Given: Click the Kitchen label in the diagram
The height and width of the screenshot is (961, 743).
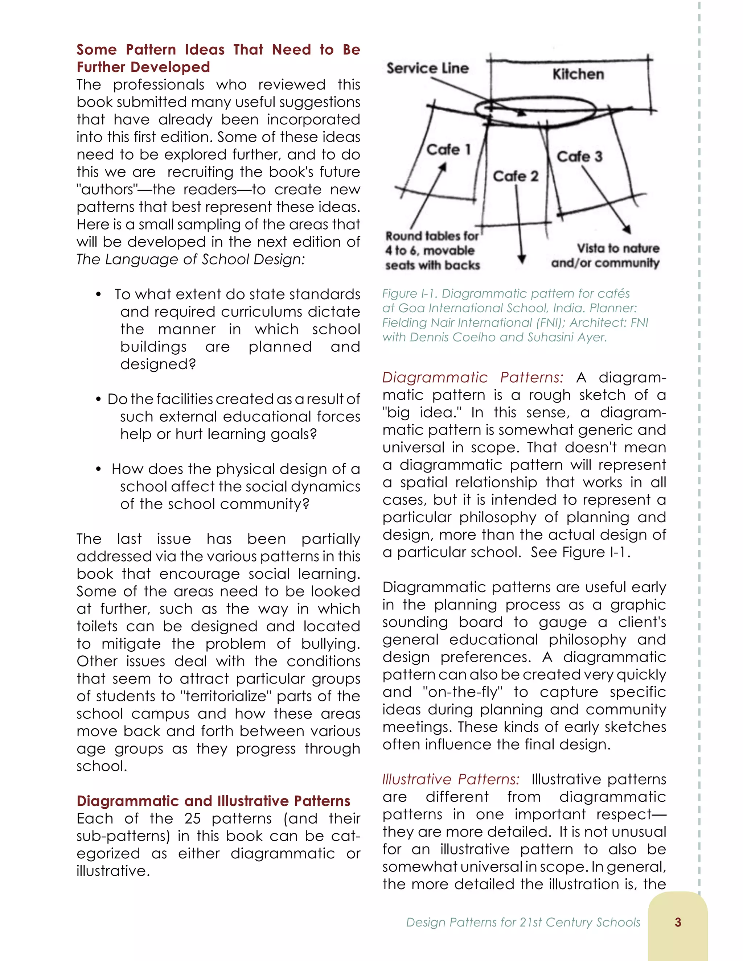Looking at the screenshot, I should point(578,74).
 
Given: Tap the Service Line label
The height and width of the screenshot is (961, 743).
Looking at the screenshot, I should point(427,68).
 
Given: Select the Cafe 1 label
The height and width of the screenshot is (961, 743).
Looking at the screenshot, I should point(448,150).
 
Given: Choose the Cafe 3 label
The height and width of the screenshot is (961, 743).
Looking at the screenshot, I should point(579,156).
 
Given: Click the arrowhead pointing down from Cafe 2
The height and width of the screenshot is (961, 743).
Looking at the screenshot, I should point(522,258).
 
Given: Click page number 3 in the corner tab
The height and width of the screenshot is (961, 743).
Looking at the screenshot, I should point(677,922).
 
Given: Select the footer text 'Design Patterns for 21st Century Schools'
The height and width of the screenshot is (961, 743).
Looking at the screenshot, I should point(523,922).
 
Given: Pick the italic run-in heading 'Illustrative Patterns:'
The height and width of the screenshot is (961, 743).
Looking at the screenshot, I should point(451,779).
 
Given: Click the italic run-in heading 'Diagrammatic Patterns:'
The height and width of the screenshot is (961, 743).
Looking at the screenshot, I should point(472,378).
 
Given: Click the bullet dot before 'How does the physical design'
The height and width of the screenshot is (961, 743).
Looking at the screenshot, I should point(99,469).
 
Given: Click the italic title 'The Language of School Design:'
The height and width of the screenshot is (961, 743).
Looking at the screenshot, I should point(190,259).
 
